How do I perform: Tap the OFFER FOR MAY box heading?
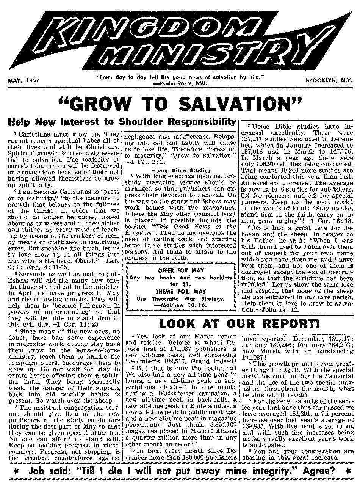(181, 270)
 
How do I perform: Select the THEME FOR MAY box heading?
(181, 291)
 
